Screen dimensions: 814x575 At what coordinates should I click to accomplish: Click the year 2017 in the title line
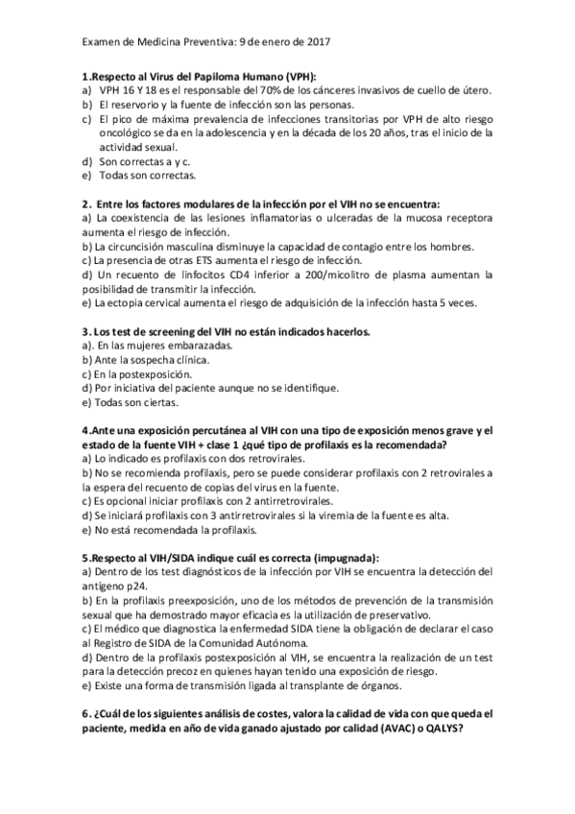pyautogui.click(x=317, y=41)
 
